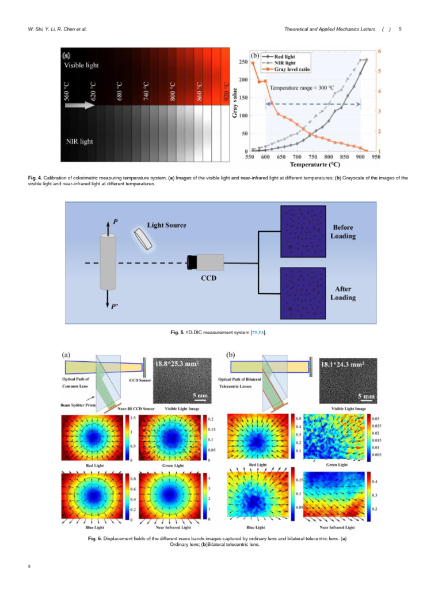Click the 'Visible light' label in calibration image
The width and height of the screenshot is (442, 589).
pyautogui.click(x=81, y=66)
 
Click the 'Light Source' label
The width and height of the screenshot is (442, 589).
pyautogui.click(x=166, y=225)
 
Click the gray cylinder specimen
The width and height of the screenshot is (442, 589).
pyautogui.click(x=107, y=262)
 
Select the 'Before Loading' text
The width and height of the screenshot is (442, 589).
pyautogui.click(x=344, y=232)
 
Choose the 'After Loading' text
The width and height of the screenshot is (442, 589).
pyautogui.click(x=343, y=293)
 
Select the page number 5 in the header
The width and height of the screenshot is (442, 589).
pyautogui.click(x=399, y=29)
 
